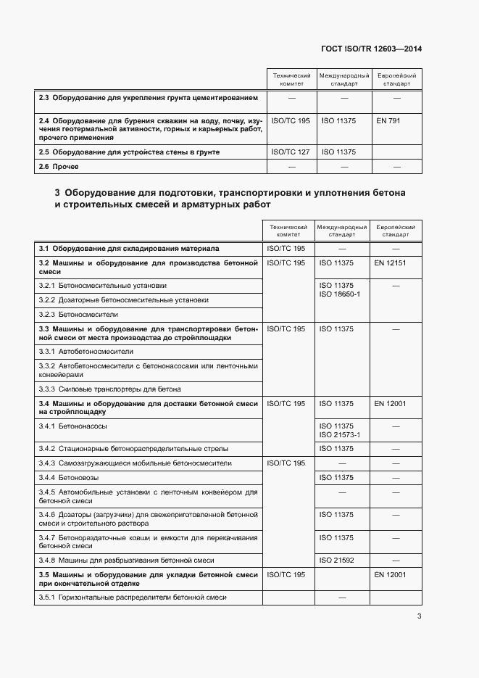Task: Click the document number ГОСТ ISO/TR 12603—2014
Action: pyautogui.click(x=371, y=49)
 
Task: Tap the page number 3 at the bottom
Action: pyautogui.click(x=419, y=616)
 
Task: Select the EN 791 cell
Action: pyautogui.click(x=388, y=120)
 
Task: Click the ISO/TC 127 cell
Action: pyautogui.click(x=290, y=152)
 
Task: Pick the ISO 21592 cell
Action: pyautogui.click(x=336, y=561)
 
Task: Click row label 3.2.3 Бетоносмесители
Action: pyautogui.click(x=78, y=315)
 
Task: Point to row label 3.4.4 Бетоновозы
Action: pyautogui.click(x=69, y=478)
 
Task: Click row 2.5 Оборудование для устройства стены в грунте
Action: pyautogui.click(x=128, y=152)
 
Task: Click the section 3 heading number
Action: pyautogui.click(x=57, y=194)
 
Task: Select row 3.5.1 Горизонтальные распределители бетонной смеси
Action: pyautogui.click(x=133, y=598)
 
